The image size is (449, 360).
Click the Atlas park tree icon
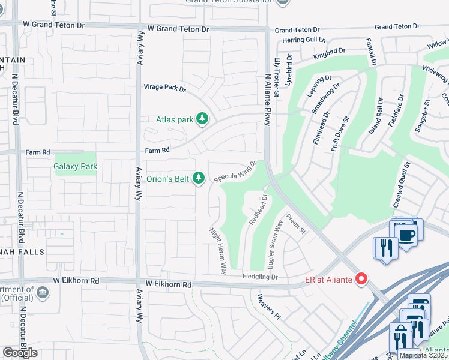[x=203, y=119]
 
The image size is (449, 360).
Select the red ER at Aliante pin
[x=361, y=278]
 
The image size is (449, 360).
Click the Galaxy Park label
[x=76, y=166]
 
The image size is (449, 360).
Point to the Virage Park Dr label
[x=164, y=88]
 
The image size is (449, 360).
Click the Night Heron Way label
[x=217, y=251]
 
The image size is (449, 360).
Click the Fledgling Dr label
[x=260, y=277]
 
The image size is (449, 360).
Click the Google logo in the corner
[x=20, y=353]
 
